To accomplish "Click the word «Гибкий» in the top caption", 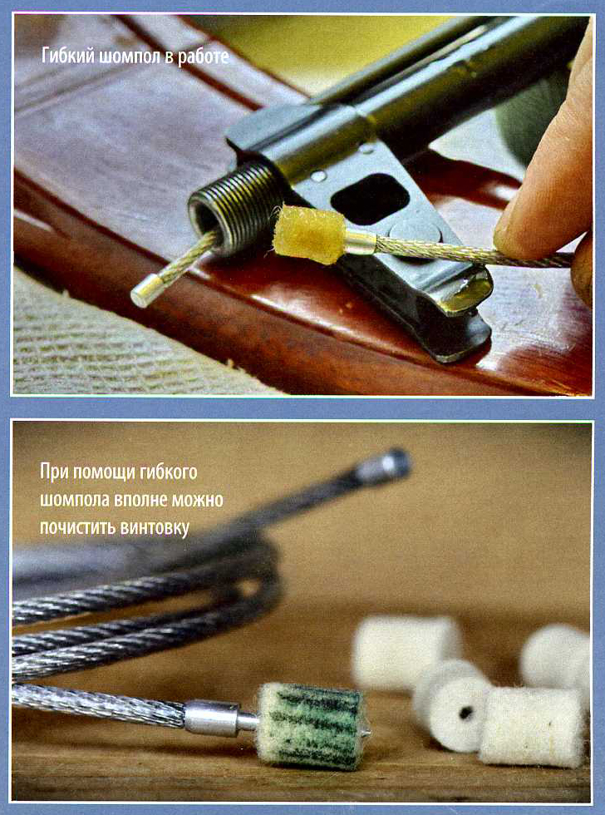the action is (68, 56).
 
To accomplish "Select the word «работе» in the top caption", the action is (204, 57).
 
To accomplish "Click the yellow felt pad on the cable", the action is (309, 234).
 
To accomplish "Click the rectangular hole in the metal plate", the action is (370, 198).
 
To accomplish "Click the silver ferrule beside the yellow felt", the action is (359, 242).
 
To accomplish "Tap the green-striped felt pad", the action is (310, 725).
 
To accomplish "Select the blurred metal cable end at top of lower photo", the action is (383, 465).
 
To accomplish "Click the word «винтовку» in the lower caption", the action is (154, 527).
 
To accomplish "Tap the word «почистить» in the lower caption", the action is (78, 527).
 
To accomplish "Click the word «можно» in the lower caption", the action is (198, 500).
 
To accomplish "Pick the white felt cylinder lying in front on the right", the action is (532, 727).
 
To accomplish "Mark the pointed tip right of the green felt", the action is (367, 732).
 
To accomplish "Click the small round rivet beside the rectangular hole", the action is (318, 176).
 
